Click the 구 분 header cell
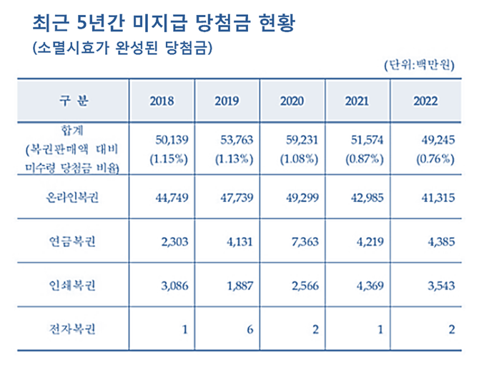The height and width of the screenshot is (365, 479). (71, 101)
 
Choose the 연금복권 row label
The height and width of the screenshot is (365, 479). (71, 241)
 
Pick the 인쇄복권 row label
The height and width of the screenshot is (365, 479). (71, 286)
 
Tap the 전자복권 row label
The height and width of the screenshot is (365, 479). (71, 330)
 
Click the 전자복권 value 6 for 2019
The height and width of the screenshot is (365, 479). (250, 330)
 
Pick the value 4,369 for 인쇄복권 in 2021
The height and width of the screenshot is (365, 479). (370, 286)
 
